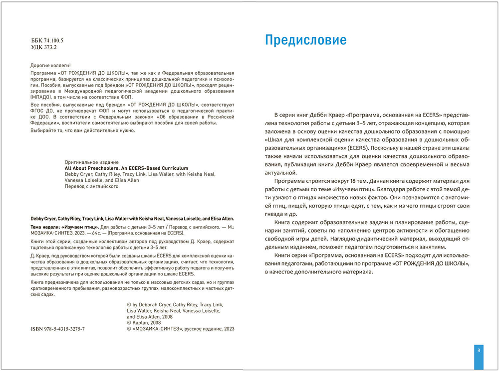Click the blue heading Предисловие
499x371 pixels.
pyautogui.click(x=305, y=40)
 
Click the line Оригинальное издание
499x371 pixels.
pyautogui.click(x=92, y=162)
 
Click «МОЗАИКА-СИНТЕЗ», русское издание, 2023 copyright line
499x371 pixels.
pyautogui.click(x=180, y=329)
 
